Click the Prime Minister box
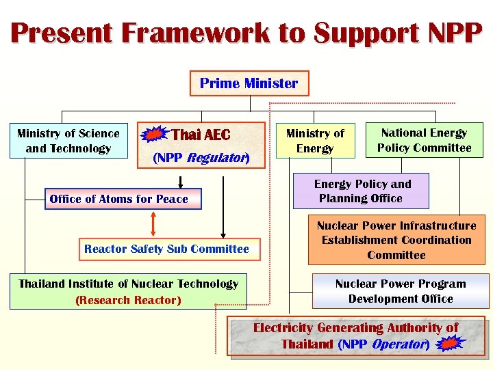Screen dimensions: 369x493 pos(249,83)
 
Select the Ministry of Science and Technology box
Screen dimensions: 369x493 pos(68,141)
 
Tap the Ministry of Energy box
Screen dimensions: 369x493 pos(315,141)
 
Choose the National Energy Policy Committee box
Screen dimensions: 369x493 pos(424,140)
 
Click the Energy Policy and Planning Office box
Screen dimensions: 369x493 pos(362,191)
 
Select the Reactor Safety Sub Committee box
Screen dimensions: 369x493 pos(166,249)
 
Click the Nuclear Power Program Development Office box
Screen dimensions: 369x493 pos(401,291)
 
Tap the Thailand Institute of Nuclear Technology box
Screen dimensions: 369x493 pos(128,292)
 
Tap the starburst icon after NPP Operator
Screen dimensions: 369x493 pos(450,344)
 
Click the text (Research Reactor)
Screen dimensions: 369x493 pos(128,300)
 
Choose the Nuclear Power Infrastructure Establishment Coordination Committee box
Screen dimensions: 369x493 pos(396,241)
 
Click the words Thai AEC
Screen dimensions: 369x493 pos(201,135)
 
